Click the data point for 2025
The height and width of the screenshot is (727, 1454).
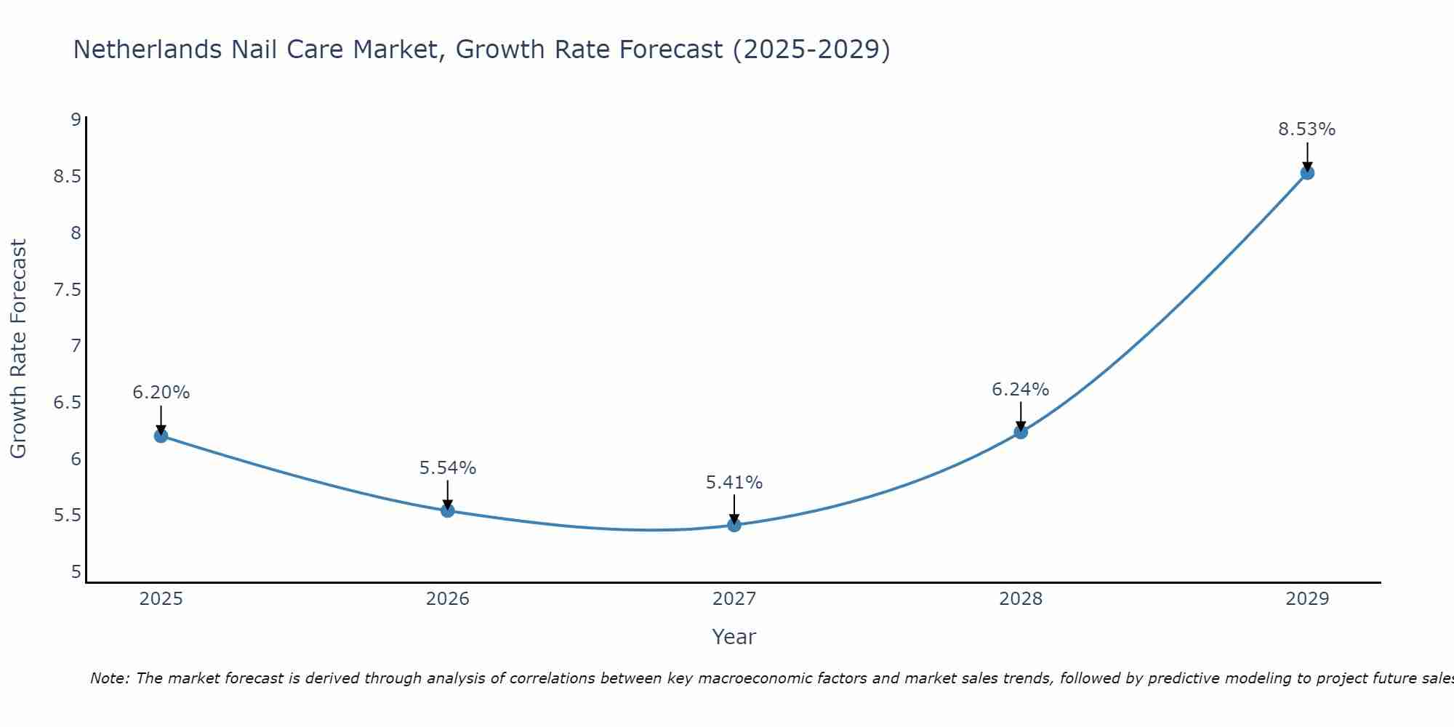pyautogui.click(x=161, y=435)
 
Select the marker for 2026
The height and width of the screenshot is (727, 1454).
pyautogui.click(x=447, y=510)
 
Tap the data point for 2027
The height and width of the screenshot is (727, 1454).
pyautogui.click(x=734, y=525)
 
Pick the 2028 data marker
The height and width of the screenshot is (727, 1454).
pyautogui.click(x=1020, y=432)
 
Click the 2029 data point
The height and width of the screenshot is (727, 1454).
pyautogui.click(x=1306, y=172)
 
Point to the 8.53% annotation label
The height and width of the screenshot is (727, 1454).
pyautogui.click(x=1306, y=129)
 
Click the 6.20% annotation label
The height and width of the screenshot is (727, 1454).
pyautogui.click(x=161, y=393)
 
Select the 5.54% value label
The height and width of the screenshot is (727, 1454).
pyautogui.click(x=447, y=468)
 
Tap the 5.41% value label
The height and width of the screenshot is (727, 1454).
pyautogui.click(x=734, y=483)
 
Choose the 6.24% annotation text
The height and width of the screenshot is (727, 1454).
pyautogui.click(x=1020, y=390)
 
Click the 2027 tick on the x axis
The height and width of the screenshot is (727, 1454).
pyautogui.click(x=734, y=599)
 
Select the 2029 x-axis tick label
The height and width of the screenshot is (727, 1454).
pyautogui.click(x=1306, y=599)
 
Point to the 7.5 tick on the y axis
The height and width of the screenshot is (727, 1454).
pyautogui.click(x=67, y=290)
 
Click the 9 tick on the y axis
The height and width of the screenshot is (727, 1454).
pyautogui.click(x=76, y=120)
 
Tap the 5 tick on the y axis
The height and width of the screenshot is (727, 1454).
pyautogui.click(x=76, y=572)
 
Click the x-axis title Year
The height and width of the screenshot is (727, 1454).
pyautogui.click(x=734, y=637)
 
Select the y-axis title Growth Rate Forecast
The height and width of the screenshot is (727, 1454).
pyautogui.click(x=18, y=349)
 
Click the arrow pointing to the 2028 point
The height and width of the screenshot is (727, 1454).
pyautogui.click(x=1020, y=415)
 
